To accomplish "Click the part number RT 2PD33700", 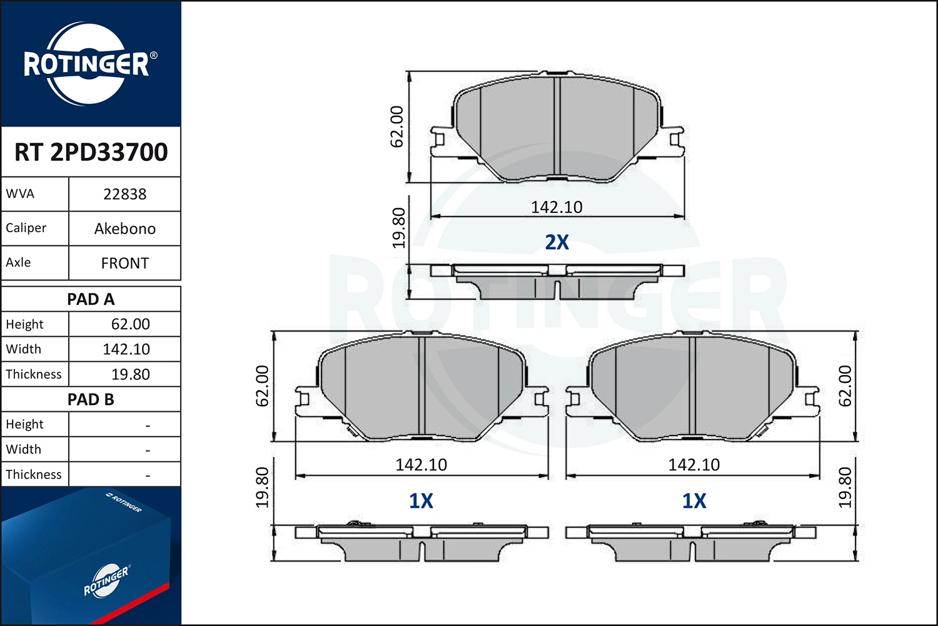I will point(91,152).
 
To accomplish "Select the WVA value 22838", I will point(124,194).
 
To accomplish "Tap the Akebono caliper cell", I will point(124,228).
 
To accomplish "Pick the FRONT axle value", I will point(124,263).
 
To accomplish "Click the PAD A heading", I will point(91,299).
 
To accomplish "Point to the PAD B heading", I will point(91,399).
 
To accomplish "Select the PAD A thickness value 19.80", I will point(130,374).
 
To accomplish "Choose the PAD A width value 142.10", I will point(126,349).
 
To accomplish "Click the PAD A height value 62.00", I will point(130,324).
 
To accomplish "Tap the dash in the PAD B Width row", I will point(148,450).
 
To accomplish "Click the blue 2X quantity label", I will point(557,242).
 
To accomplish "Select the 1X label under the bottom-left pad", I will point(421,501).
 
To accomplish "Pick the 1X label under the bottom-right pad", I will point(693,501).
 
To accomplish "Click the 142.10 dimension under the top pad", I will point(557,207).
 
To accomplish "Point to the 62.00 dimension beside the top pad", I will point(397,126).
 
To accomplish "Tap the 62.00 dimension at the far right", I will point(845,386).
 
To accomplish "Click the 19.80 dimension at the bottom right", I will point(845,487).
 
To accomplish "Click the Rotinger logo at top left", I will point(88,64).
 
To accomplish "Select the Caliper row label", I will point(26,228).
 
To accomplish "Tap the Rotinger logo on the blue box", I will point(106,580).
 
